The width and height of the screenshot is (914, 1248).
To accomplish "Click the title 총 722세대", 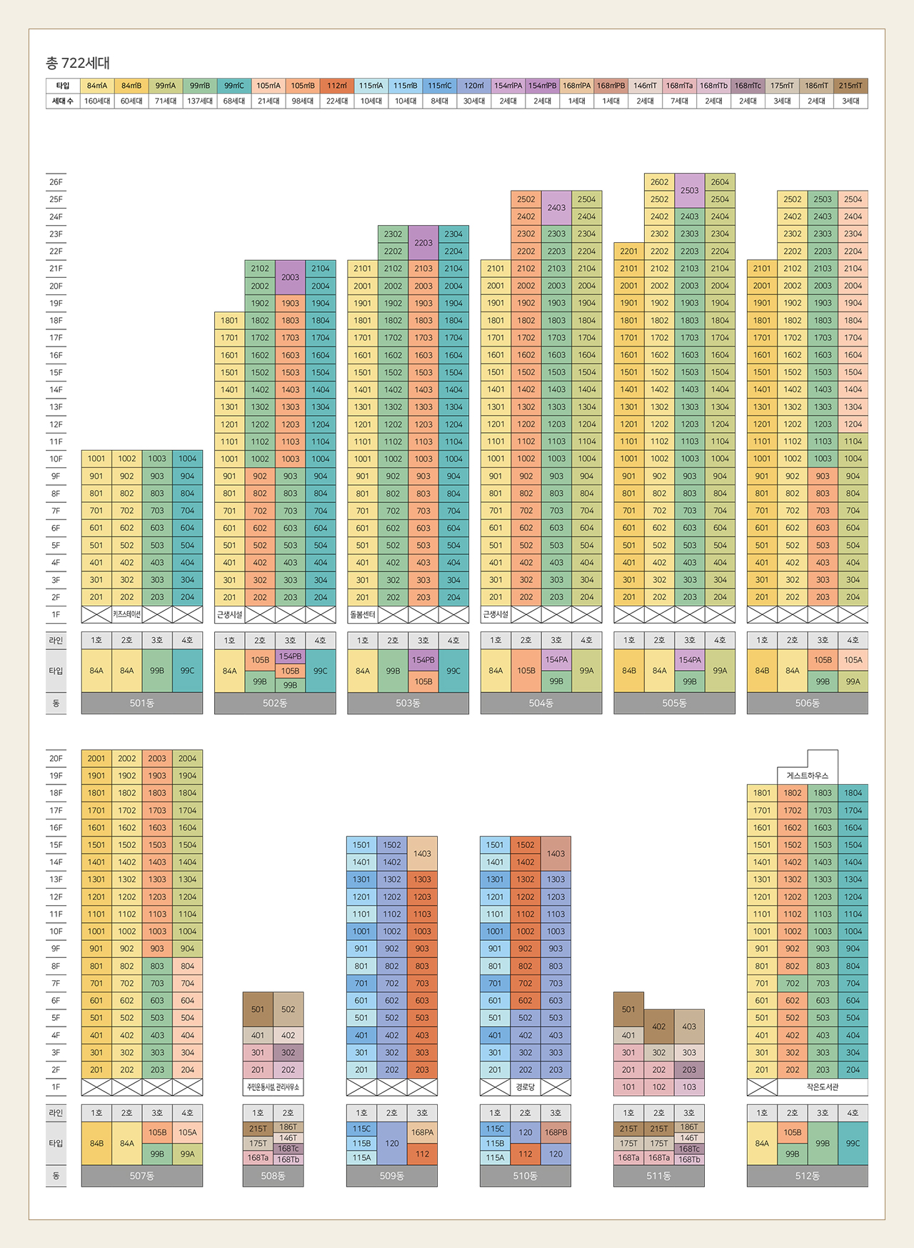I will pos(78,63).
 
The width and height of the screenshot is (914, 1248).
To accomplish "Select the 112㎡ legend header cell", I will pos(337,86).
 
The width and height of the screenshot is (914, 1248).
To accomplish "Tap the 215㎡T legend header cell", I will pos(850,86).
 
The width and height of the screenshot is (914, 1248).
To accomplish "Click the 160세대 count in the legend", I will pos(97,101).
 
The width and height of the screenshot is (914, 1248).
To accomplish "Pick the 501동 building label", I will pos(142,703).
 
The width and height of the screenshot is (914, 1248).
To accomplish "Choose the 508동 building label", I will pos(273,1176).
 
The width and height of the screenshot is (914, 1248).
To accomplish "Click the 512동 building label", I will pos(807,1176).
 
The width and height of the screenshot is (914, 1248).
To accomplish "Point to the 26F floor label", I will pos(56,182).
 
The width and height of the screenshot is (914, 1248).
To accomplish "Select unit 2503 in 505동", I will pos(690,191).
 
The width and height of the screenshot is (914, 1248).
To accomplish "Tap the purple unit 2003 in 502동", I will pos(290,277).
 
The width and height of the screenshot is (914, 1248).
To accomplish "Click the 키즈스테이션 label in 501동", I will pos(126,614).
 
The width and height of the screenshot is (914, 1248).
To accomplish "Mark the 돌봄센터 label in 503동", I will pos(363,614).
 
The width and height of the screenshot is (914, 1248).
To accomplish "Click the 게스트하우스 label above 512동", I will pos(807,776).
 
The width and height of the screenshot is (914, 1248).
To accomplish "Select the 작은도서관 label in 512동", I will pos(822,1087).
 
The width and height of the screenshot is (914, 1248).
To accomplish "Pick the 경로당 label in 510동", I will pos(525,1087).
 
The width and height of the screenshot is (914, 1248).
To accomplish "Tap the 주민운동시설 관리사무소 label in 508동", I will pos(273,1087).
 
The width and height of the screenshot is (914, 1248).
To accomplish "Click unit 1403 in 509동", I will pos(422,854).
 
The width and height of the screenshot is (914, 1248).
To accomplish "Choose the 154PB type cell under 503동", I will pos(423,660).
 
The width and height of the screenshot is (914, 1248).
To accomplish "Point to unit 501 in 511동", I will pos(628,1009).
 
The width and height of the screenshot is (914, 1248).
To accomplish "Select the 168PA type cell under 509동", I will pos(422,1132).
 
